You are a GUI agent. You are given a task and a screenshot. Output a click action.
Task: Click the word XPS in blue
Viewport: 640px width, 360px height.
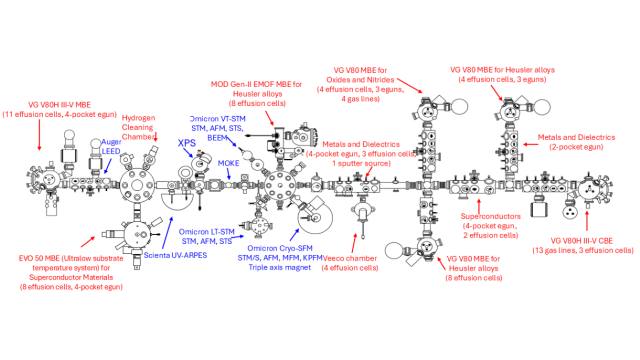(x=187, y=143)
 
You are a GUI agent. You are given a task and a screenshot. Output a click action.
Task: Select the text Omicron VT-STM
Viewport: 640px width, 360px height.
(x=221, y=118)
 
